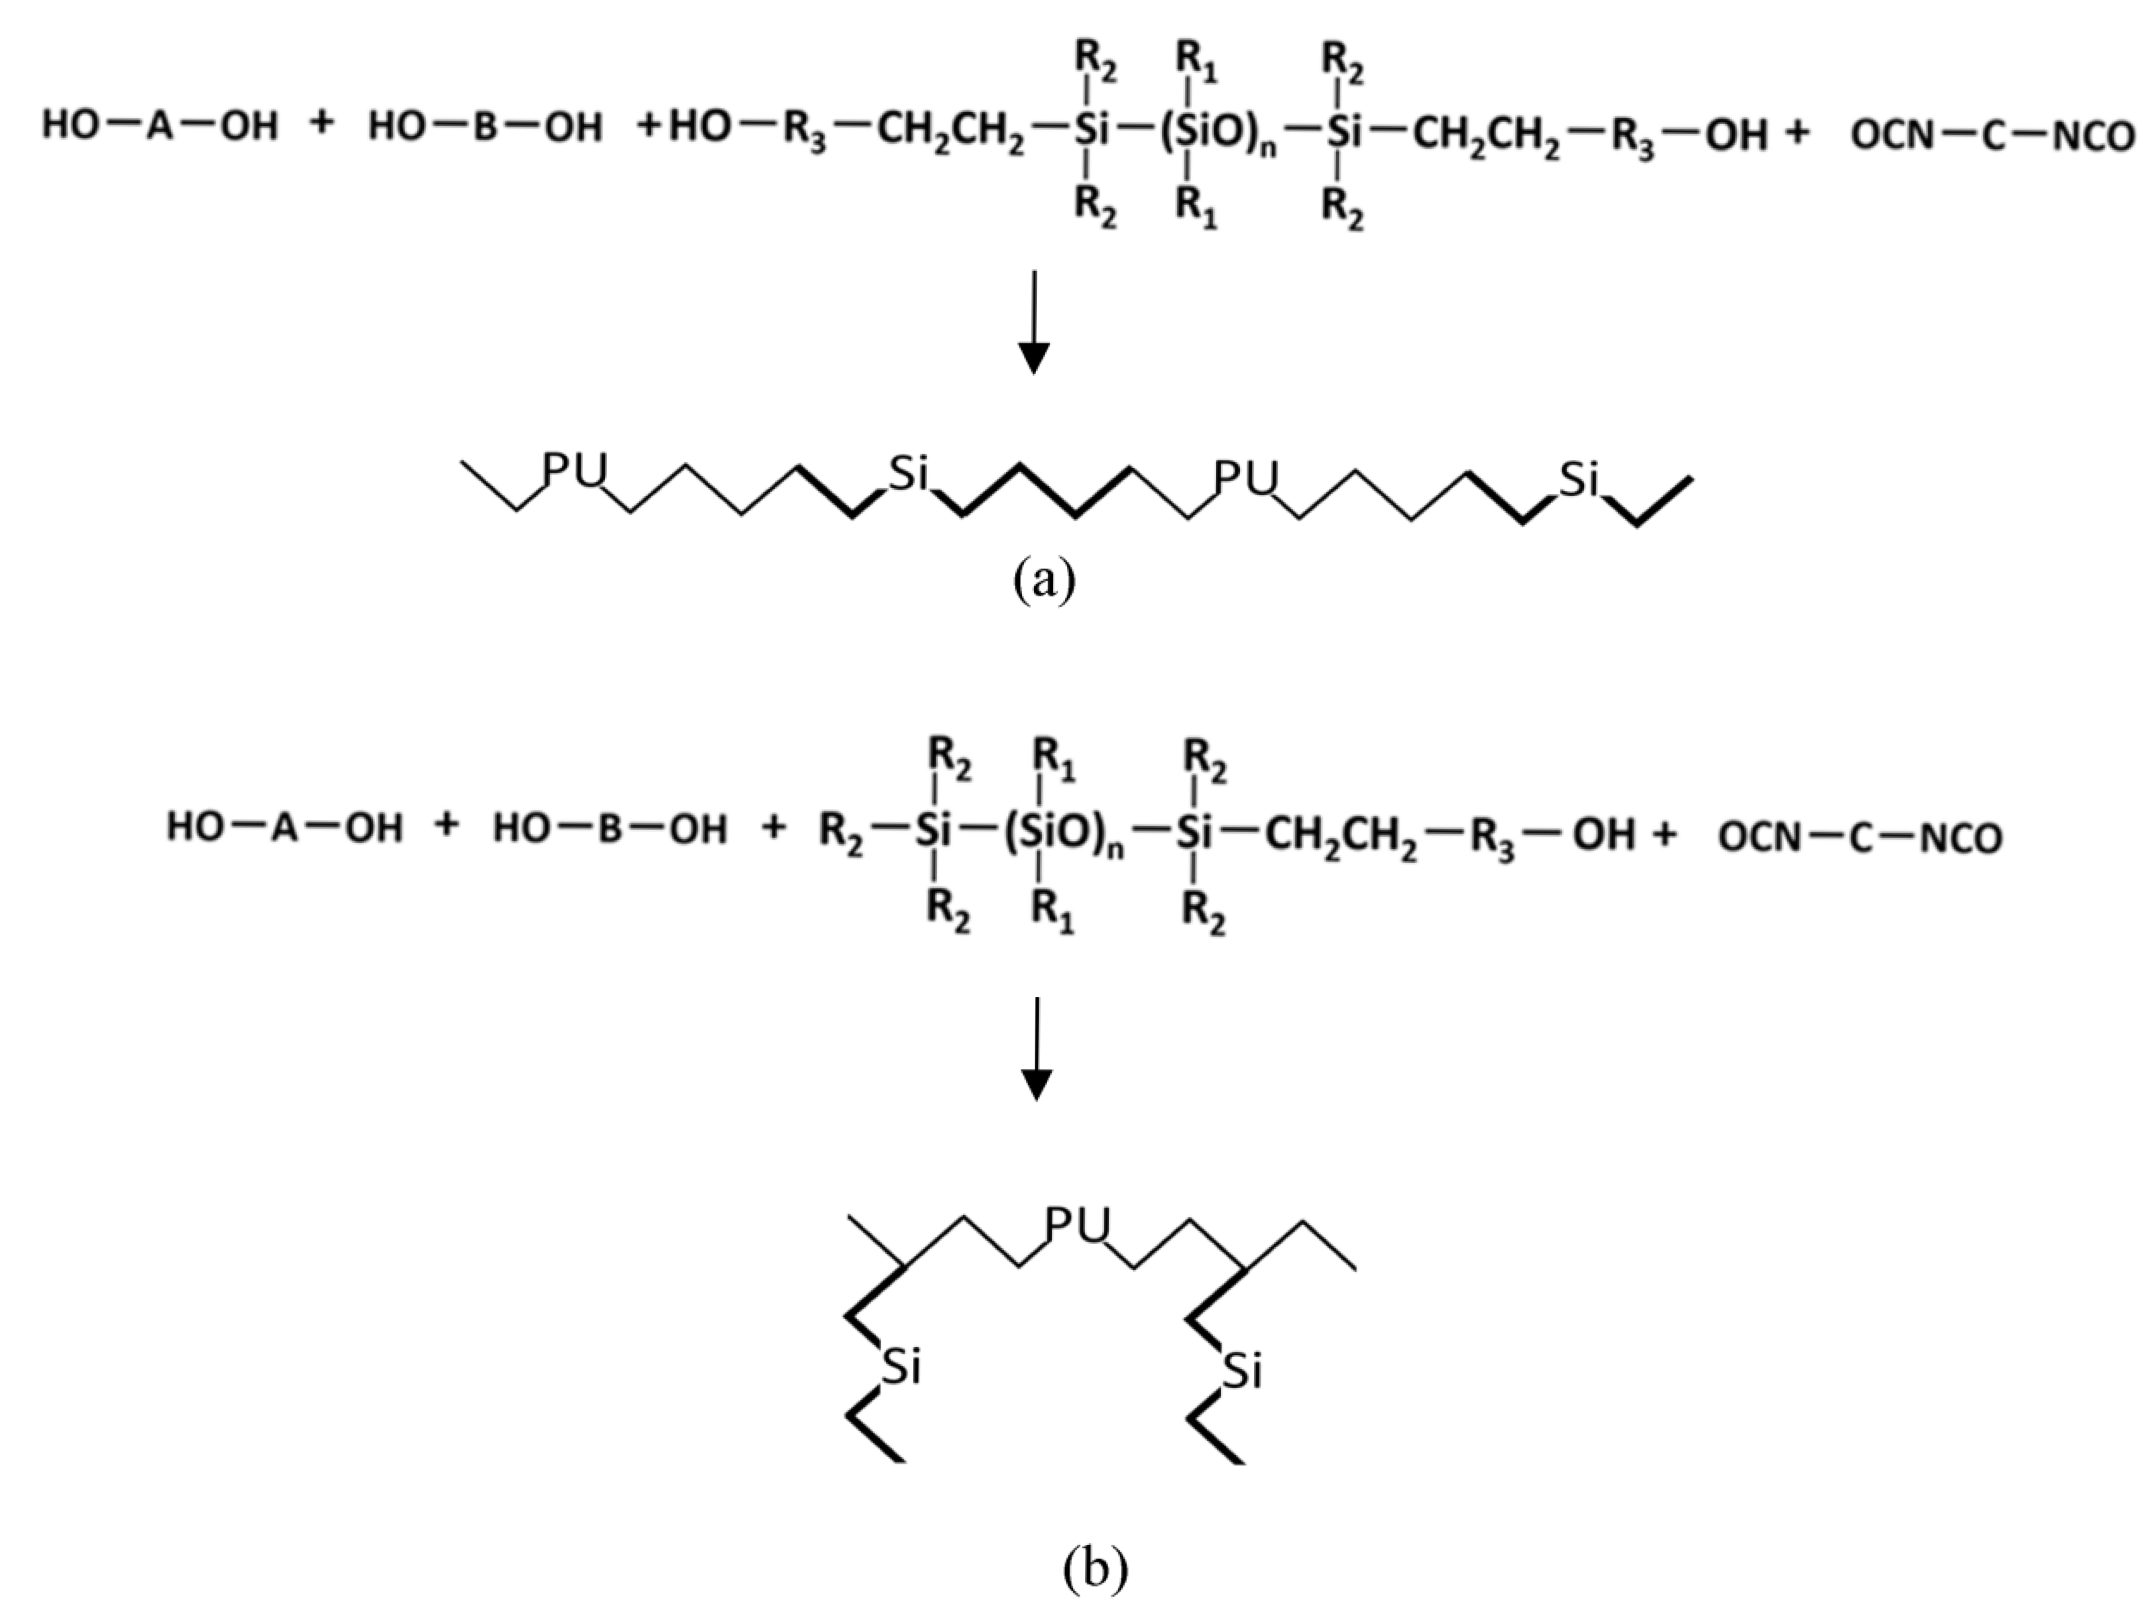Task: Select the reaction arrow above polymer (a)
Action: (x=1033, y=322)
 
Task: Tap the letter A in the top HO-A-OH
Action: (x=160, y=127)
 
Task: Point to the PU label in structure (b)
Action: (x=1078, y=1225)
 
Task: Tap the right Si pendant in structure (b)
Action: (x=1242, y=1371)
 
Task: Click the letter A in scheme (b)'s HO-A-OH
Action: (x=284, y=829)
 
